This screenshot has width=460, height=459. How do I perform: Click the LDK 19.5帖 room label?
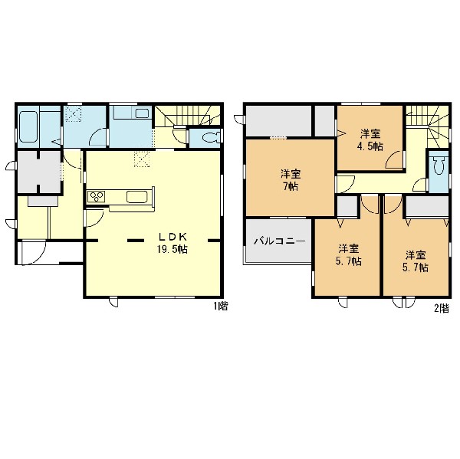pyautogui.click(x=172, y=243)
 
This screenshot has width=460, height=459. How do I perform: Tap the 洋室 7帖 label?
pyautogui.click(x=291, y=180)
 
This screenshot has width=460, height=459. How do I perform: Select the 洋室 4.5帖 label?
pyautogui.click(x=371, y=140)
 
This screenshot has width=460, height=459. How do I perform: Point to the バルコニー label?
pyautogui.click(x=280, y=241)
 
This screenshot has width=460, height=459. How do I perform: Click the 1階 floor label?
pyautogui.click(x=220, y=307)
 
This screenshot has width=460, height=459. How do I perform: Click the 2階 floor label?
pyautogui.click(x=442, y=308)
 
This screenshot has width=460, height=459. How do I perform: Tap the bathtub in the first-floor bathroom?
pyautogui.click(x=28, y=126)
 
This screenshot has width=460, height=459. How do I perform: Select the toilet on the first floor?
pyautogui.click(x=211, y=138)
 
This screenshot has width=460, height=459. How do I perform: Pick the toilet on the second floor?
pyautogui.click(x=439, y=166)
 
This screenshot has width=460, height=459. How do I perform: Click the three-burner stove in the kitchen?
pyautogui.click(x=97, y=196)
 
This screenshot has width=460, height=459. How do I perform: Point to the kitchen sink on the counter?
pyautogui.click(x=137, y=197)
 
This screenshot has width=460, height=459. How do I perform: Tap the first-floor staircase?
pyautogui.click(x=188, y=116)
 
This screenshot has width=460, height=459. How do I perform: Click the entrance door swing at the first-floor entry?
pyautogui.click(x=33, y=253)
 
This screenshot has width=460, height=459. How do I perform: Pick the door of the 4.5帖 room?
pyautogui.click(x=395, y=159)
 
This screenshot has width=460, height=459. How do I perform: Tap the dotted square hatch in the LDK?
pyautogui.click(x=143, y=159)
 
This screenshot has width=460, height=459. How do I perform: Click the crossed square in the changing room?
pyautogui.click(x=74, y=113)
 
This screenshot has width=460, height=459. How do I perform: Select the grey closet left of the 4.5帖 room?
pyautogui.click(x=325, y=120)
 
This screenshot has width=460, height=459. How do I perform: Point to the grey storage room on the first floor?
pyautogui.click(x=39, y=172)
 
